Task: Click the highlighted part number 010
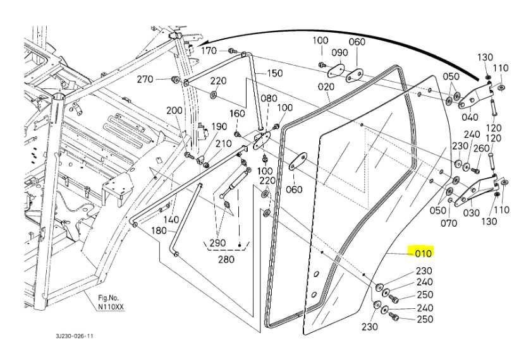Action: coord(423,253)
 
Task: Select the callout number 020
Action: coord(326,87)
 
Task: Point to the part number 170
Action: coord(209,51)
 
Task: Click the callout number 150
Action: coord(274,73)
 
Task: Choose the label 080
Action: coord(269,99)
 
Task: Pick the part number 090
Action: coord(339,52)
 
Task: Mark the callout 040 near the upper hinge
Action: coord(470,117)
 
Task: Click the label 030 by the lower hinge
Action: coord(472,213)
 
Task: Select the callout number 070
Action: coord(448,223)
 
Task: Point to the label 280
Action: coord(226,259)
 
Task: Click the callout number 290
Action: coord(217,244)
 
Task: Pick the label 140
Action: coord(171,220)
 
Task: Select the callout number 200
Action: coord(174,111)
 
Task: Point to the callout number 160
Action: coord(237,114)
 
